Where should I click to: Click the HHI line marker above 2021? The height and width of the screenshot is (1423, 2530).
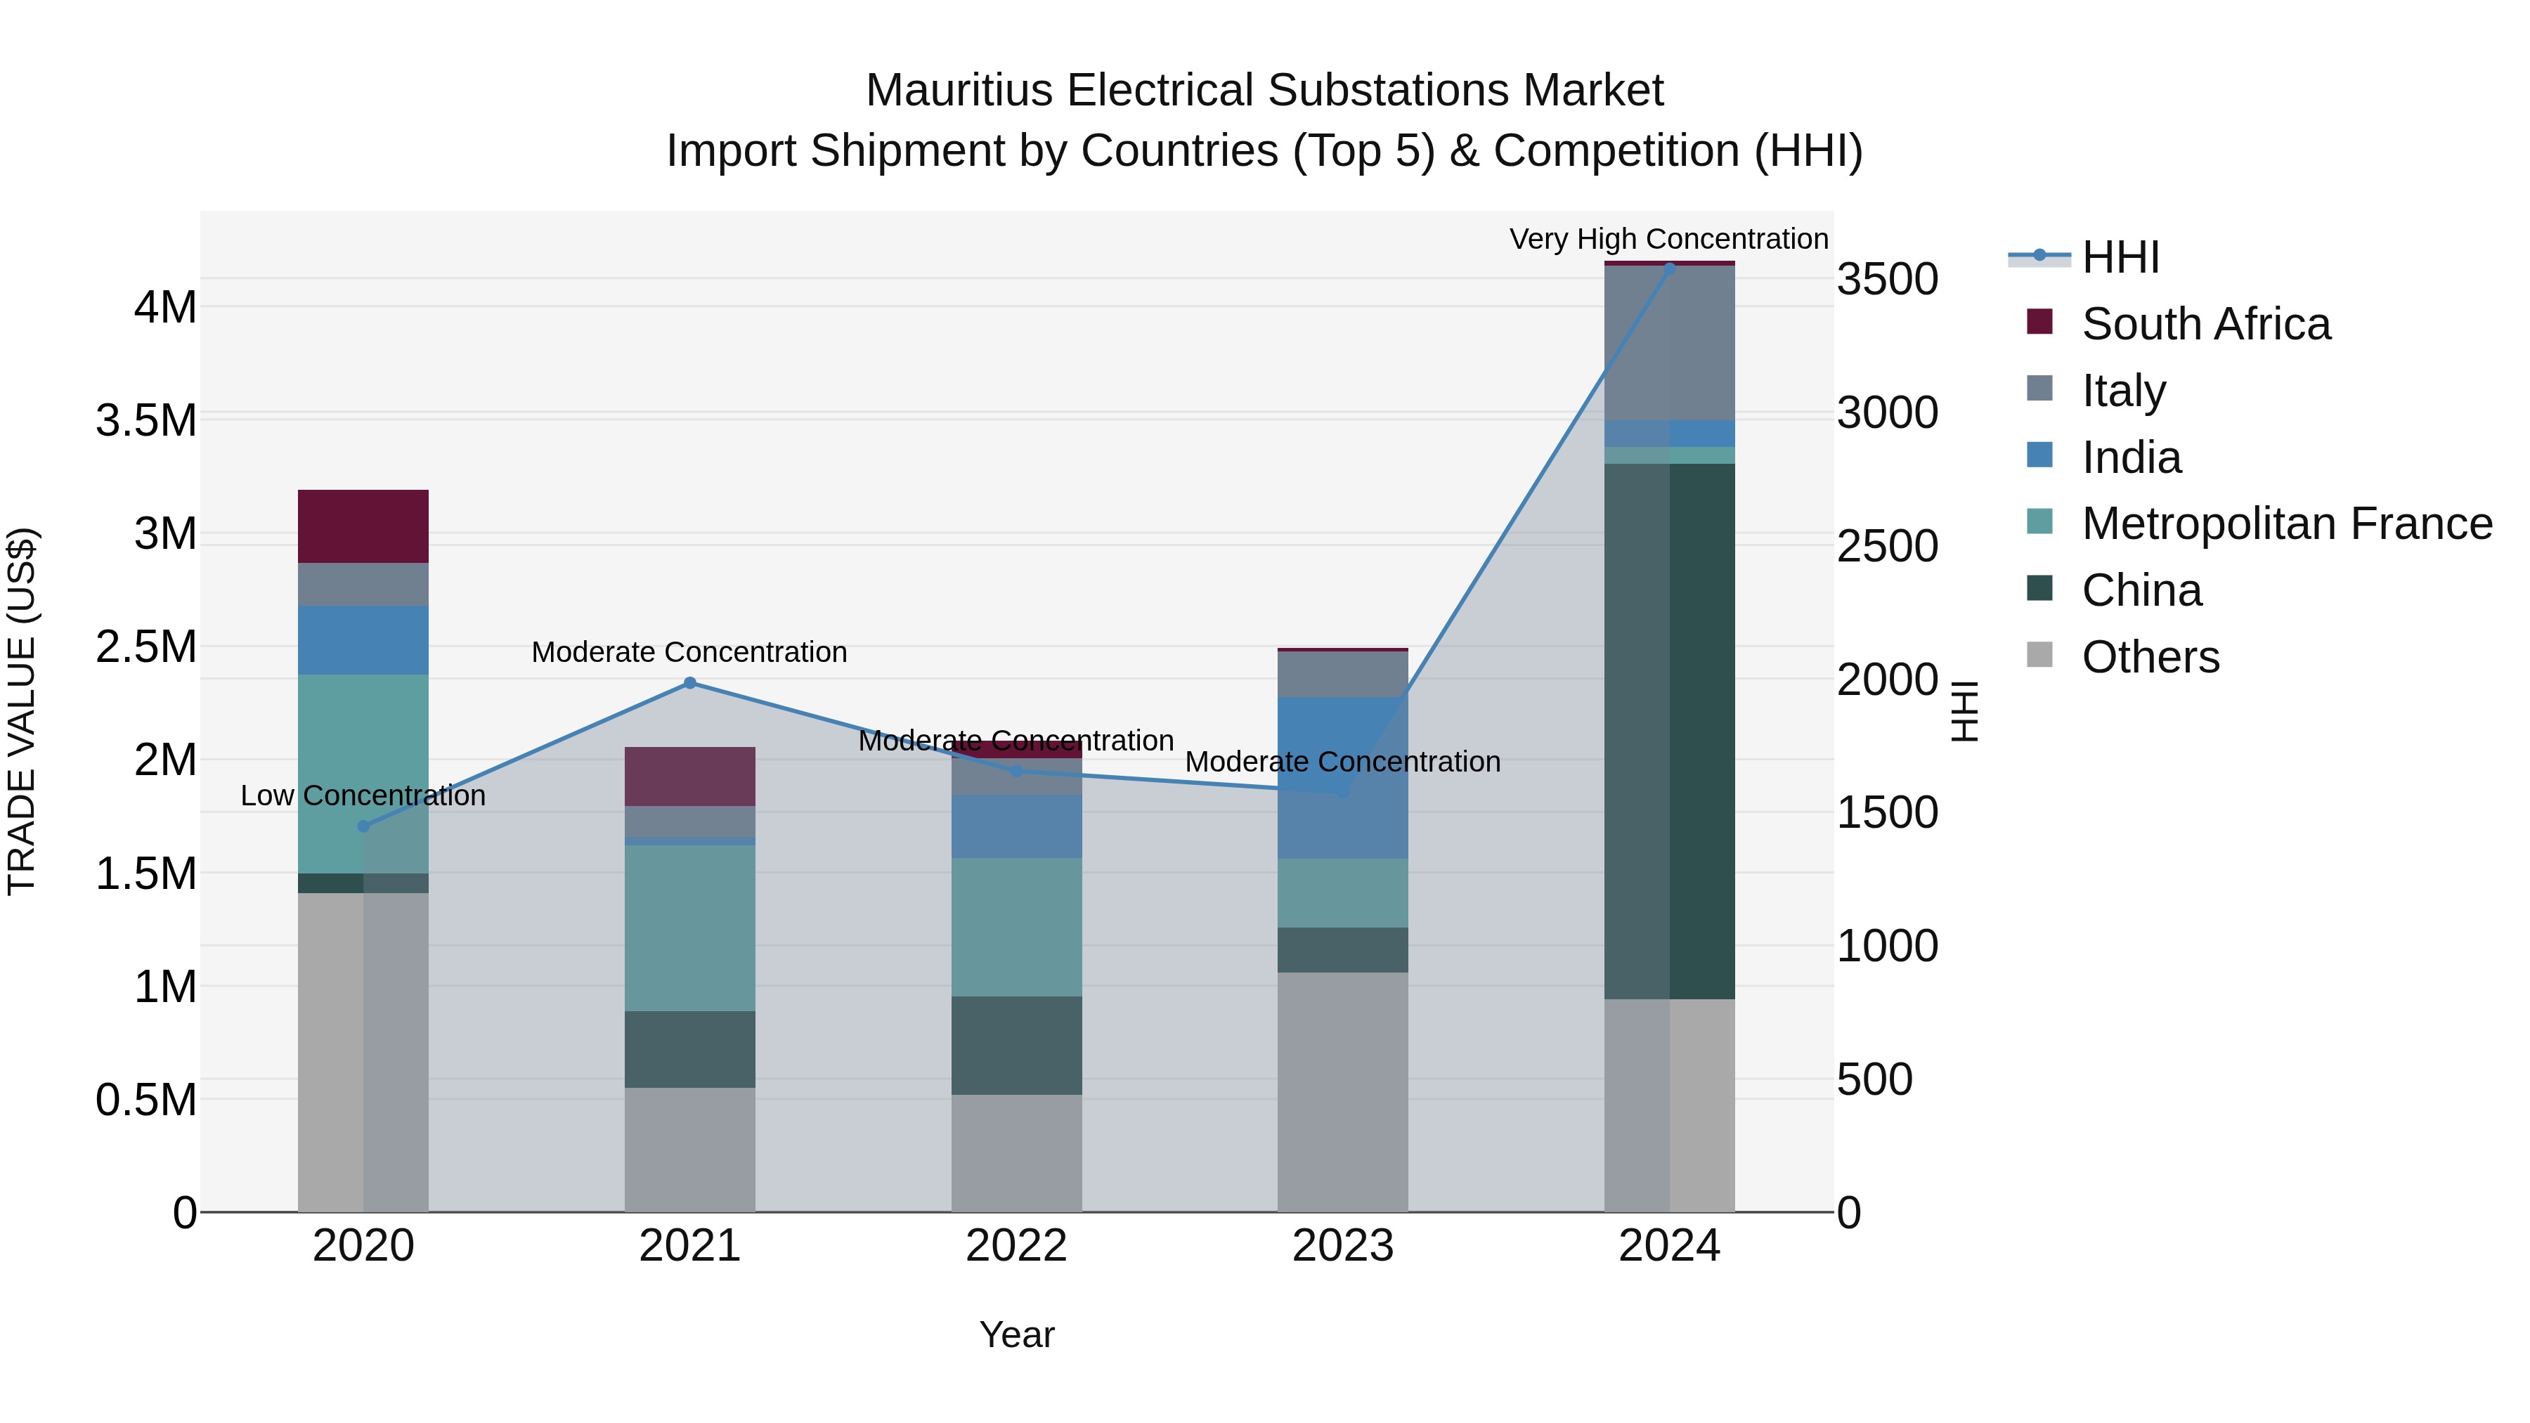(689, 682)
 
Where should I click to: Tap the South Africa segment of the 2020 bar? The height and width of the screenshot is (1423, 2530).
(363, 526)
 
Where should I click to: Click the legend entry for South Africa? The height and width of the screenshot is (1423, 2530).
(2205, 324)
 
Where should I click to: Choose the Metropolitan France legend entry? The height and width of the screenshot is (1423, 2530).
(2285, 524)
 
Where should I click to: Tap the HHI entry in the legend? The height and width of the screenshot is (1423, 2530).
(2120, 257)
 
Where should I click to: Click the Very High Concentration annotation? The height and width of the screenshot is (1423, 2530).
(1668, 239)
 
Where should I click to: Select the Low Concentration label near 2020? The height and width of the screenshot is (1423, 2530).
(363, 795)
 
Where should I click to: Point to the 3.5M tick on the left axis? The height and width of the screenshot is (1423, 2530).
(146, 420)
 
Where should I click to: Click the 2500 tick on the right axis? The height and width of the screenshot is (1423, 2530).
(1887, 546)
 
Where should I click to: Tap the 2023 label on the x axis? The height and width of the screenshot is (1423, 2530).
(1342, 1246)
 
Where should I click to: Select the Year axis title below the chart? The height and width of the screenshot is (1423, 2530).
(1016, 1334)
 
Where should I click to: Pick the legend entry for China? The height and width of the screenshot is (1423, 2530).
(2141, 590)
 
